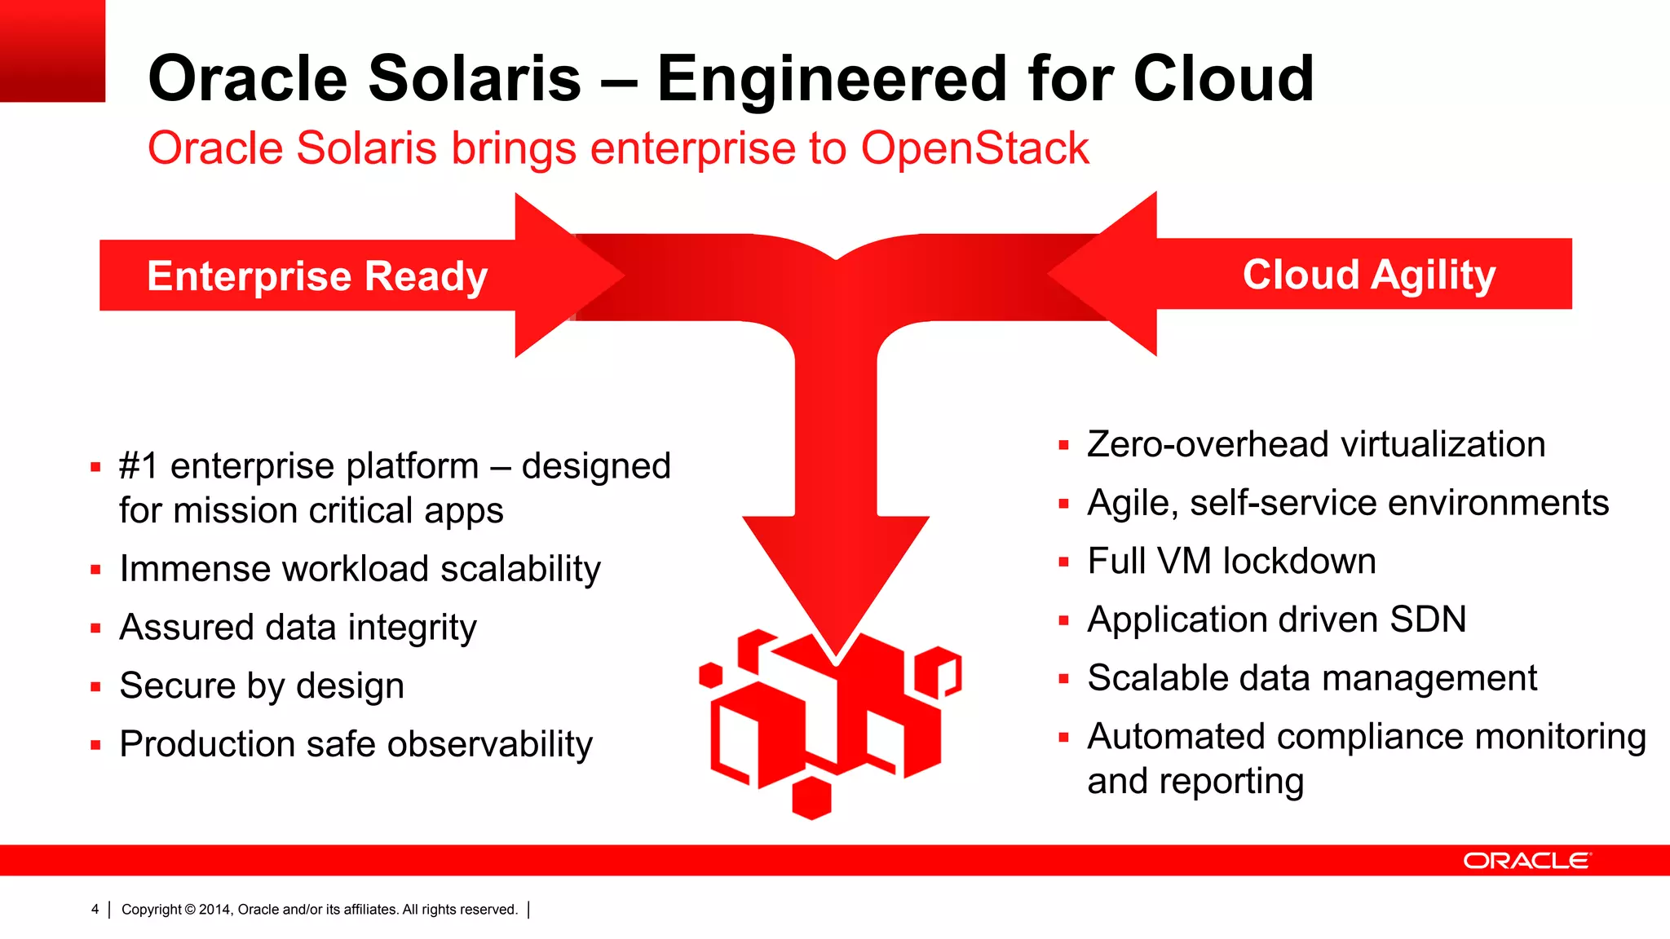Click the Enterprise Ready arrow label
[317, 276]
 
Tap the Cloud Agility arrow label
[1368, 275]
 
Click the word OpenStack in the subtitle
[974, 148]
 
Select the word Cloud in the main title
[1222, 78]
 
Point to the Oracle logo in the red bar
[1526, 861]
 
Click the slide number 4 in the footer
[95, 909]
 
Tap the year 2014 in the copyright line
[215, 909]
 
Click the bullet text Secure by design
[262, 686]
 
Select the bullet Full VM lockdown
[1231, 562]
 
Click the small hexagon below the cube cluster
[811, 798]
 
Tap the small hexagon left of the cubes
[711, 675]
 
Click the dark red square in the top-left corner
[52, 51]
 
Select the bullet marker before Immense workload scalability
[95, 571]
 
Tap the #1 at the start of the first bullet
[139, 467]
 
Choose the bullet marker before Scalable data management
[1063, 679]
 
